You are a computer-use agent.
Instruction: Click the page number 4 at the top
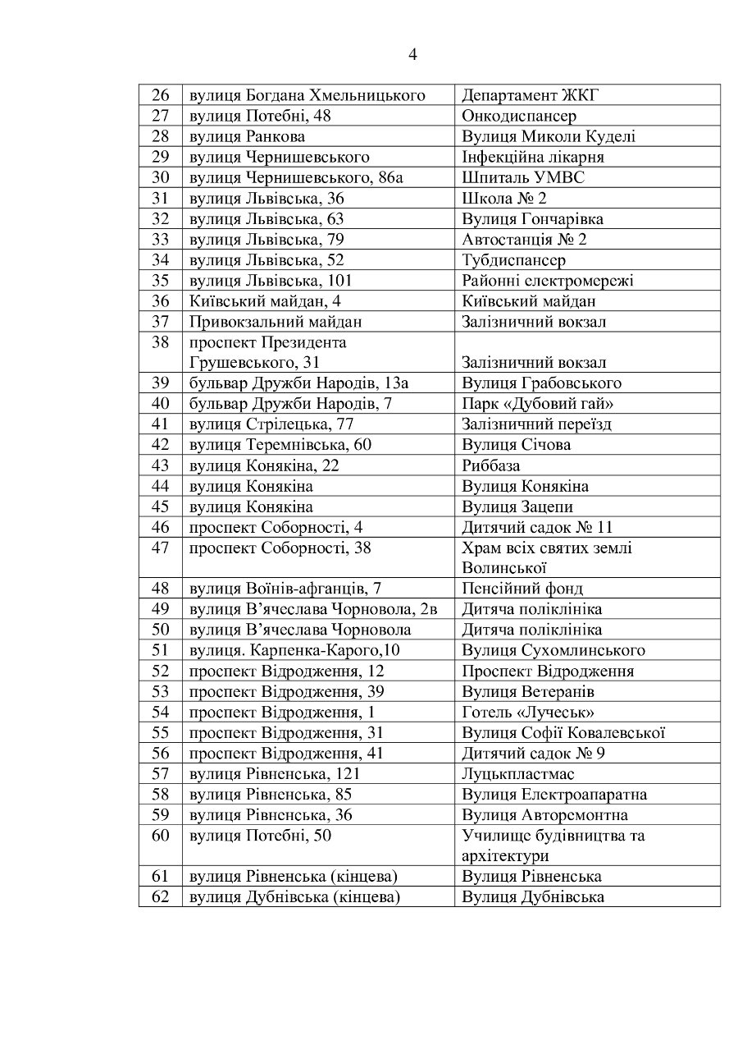click(412, 55)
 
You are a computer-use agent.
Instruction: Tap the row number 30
click(160, 177)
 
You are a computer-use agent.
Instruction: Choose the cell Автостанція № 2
click(524, 239)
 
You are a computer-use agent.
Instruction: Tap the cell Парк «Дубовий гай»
click(538, 404)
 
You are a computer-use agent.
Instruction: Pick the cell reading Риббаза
click(491, 465)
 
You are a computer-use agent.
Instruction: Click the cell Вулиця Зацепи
click(517, 506)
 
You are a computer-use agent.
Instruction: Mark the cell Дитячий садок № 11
click(537, 527)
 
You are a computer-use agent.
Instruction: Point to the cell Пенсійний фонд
click(522, 589)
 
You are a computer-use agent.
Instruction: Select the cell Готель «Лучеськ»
click(528, 712)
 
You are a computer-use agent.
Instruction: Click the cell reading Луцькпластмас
click(518, 773)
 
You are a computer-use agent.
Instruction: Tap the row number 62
click(160, 896)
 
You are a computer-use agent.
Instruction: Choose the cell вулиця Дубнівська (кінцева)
click(294, 896)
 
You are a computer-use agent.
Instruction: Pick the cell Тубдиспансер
click(513, 260)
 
